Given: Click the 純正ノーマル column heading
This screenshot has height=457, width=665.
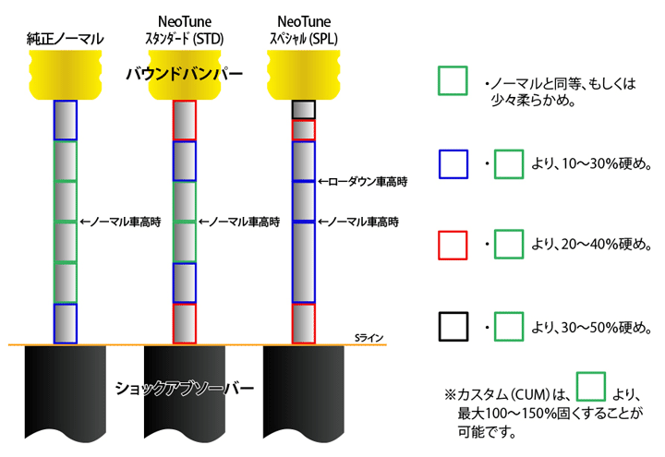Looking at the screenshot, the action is [x=65, y=39].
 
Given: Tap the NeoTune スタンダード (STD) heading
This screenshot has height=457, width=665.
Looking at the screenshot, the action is [x=185, y=30].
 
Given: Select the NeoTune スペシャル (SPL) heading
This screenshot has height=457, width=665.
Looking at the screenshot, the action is [x=304, y=30].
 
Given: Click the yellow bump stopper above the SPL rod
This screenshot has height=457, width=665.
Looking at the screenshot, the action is [x=304, y=75].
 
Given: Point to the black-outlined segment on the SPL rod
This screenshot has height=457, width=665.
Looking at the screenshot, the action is [x=304, y=110].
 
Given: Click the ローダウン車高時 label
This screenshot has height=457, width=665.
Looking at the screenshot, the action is [x=363, y=182].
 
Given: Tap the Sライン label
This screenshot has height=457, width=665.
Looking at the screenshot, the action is [x=369, y=338].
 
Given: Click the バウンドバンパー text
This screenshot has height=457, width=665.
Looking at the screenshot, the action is [x=185, y=74].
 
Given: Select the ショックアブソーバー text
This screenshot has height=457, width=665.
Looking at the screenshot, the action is [x=185, y=388].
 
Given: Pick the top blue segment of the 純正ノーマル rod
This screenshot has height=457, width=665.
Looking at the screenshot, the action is [x=66, y=120].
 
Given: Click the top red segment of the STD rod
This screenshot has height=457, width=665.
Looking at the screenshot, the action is [x=185, y=120].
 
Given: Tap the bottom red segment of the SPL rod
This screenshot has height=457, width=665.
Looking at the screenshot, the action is [x=304, y=323].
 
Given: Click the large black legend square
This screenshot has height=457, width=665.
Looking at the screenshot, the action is [x=453, y=327].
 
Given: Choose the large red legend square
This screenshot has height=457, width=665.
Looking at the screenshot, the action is [x=453, y=245].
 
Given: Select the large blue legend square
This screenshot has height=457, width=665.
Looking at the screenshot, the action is [x=453, y=164].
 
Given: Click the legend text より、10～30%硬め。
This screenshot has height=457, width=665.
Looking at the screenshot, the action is [x=592, y=163].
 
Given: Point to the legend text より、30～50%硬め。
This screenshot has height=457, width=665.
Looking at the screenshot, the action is [x=592, y=327].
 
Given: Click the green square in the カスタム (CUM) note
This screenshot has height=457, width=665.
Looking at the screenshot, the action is [x=591, y=386].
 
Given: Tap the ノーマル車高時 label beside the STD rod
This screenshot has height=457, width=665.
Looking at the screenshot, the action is [x=239, y=222].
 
